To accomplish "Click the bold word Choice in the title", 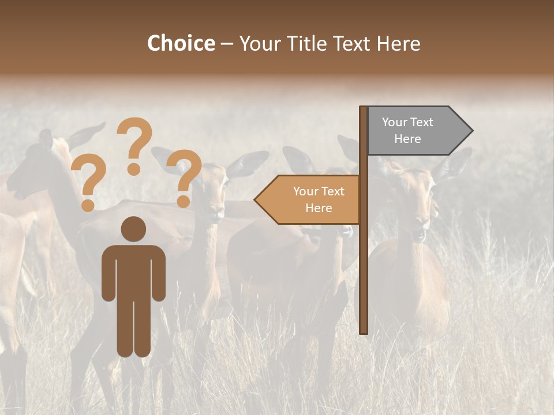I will tap(181, 43).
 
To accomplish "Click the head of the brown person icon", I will tap(133, 229).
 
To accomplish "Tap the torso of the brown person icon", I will tap(133, 271).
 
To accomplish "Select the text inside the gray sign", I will tap(407, 130).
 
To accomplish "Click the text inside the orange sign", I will tap(319, 199).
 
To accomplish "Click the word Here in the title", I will tap(398, 43).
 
